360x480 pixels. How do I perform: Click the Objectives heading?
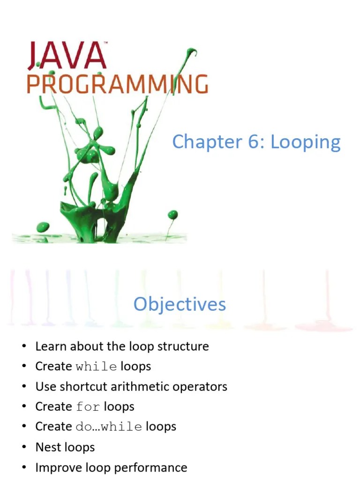click(x=180, y=305)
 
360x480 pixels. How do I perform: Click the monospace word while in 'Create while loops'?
click(x=96, y=367)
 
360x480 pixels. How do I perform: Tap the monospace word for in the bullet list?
click(x=88, y=407)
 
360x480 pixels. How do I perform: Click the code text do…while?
click(x=109, y=427)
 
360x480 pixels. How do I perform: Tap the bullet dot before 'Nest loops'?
click(x=23, y=447)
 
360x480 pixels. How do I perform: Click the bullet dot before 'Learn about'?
click(x=23, y=347)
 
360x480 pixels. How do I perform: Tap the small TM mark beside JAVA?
click(x=106, y=44)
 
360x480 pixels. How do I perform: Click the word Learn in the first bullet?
click(x=49, y=346)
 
